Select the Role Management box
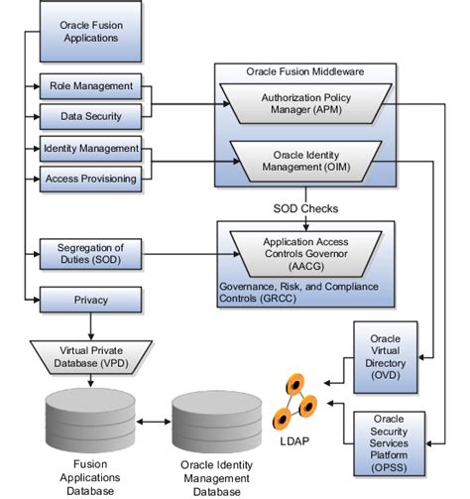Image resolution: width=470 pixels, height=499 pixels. (90, 86)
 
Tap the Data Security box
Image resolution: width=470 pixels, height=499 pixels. (90, 116)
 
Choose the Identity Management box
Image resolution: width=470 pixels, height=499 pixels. (90, 150)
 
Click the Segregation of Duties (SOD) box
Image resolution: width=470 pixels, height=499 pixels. (90, 252)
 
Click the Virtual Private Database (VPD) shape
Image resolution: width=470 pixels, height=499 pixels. (90, 354)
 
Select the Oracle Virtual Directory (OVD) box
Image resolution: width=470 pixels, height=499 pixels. (385, 357)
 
